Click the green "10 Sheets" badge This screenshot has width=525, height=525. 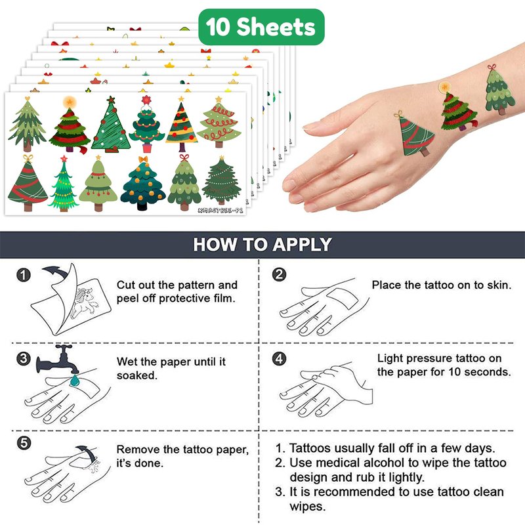click(261, 27)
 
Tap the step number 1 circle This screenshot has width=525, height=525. click(24, 275)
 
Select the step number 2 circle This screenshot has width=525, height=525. click(280, 274)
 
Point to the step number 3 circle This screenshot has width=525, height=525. click(24, 359)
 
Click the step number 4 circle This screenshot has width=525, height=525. click(280, 359)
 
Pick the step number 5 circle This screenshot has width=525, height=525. click(24, 444)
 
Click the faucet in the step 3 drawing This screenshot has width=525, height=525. click(58, 360)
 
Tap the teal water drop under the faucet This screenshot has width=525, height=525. click(75, 381)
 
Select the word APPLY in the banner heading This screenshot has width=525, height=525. click(302, 244)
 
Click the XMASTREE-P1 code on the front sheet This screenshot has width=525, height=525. click(220, 210)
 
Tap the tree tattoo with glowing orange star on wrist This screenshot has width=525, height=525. click(457, 107)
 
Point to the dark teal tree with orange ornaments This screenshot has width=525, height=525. click(143, 183)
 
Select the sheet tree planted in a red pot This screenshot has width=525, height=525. click(146, 124)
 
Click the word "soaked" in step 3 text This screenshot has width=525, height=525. click(137, 375)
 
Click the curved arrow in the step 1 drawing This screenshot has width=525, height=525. click(56, 272)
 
